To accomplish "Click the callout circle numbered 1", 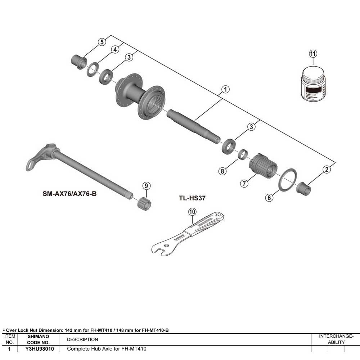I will (x=225, y=89).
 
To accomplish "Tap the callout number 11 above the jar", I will (x=313, y=54).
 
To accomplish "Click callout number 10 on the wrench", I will (x=192, y=212).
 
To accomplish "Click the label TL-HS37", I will (x=192, y=198).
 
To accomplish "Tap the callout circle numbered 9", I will (x=146, y=186).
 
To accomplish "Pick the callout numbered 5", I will (x=102, y=42).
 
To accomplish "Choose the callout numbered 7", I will (x=244, y=183).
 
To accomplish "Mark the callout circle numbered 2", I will (x=326, y=170).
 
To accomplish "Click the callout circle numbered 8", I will (x=223, y=171).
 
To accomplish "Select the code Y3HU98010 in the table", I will (x=40, y=349).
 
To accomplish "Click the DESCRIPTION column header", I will (x=82, y=339).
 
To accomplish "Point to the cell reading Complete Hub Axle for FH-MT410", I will (x=107, y=349).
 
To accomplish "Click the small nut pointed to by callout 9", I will (x=144, y=204).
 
